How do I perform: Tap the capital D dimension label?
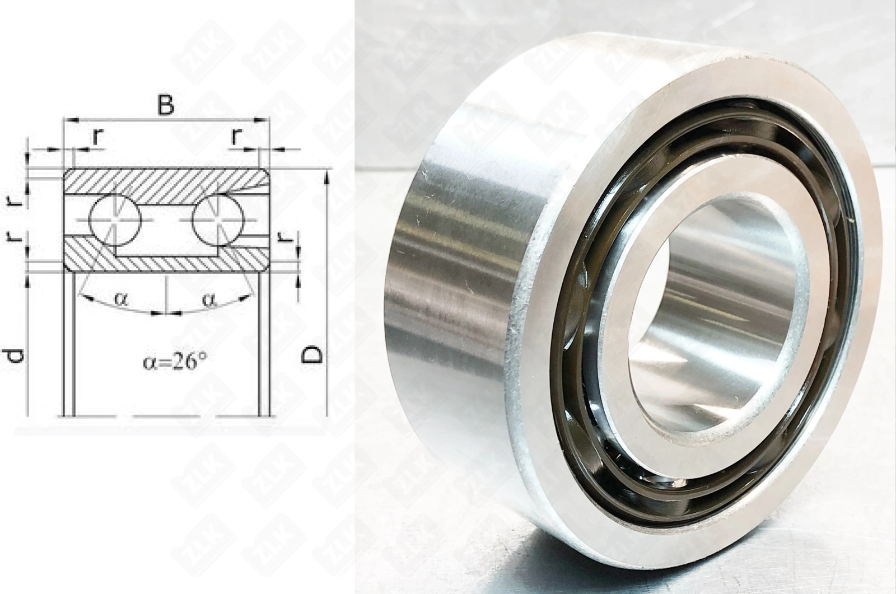click(x=312, y=354)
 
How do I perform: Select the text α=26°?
click(x=175, y=362)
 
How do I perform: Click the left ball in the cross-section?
click(x=115, y=219)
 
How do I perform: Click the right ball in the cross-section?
click(x=218, y=219)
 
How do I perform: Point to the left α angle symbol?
click(x=120, y=298)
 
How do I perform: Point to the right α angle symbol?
click(x=209, y=299)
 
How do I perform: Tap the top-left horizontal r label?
click(x=97, y=137)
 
